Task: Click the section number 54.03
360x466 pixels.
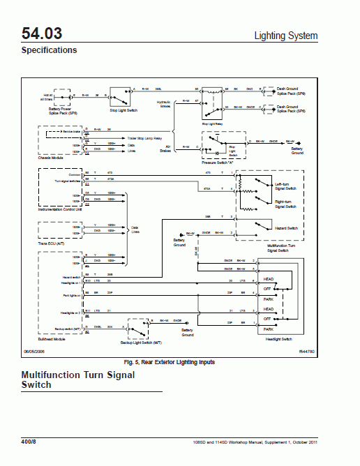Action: point(41,33)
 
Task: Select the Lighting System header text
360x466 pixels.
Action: point(285,36)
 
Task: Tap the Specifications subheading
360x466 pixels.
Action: point(49,50)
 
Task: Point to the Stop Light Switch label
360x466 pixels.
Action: point(125,110)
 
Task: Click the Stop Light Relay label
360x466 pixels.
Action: point(212,123)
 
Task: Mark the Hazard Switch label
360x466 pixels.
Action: point(287,228)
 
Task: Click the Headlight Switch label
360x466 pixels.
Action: point(278,338)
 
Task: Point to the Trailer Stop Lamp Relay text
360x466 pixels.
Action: point(124,138)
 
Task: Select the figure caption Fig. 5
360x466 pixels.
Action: point(170,362)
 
